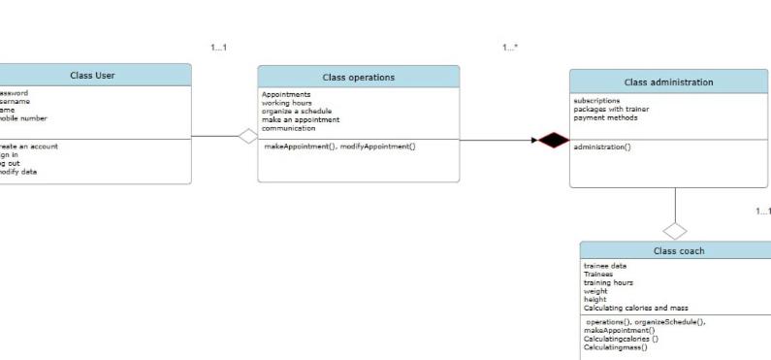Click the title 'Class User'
92,76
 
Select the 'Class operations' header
358,78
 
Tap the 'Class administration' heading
668,82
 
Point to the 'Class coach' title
679,251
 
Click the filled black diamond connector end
554,141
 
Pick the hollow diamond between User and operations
248,137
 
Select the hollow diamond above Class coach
674,231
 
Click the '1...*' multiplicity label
510,48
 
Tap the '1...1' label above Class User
218,48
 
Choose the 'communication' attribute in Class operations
288,128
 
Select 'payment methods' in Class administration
605,117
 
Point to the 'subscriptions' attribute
596,100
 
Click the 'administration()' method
601,147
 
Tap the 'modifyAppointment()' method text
378,146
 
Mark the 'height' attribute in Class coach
594,299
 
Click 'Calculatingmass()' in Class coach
615,346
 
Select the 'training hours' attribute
608,282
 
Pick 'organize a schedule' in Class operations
296,111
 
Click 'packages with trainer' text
611,109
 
